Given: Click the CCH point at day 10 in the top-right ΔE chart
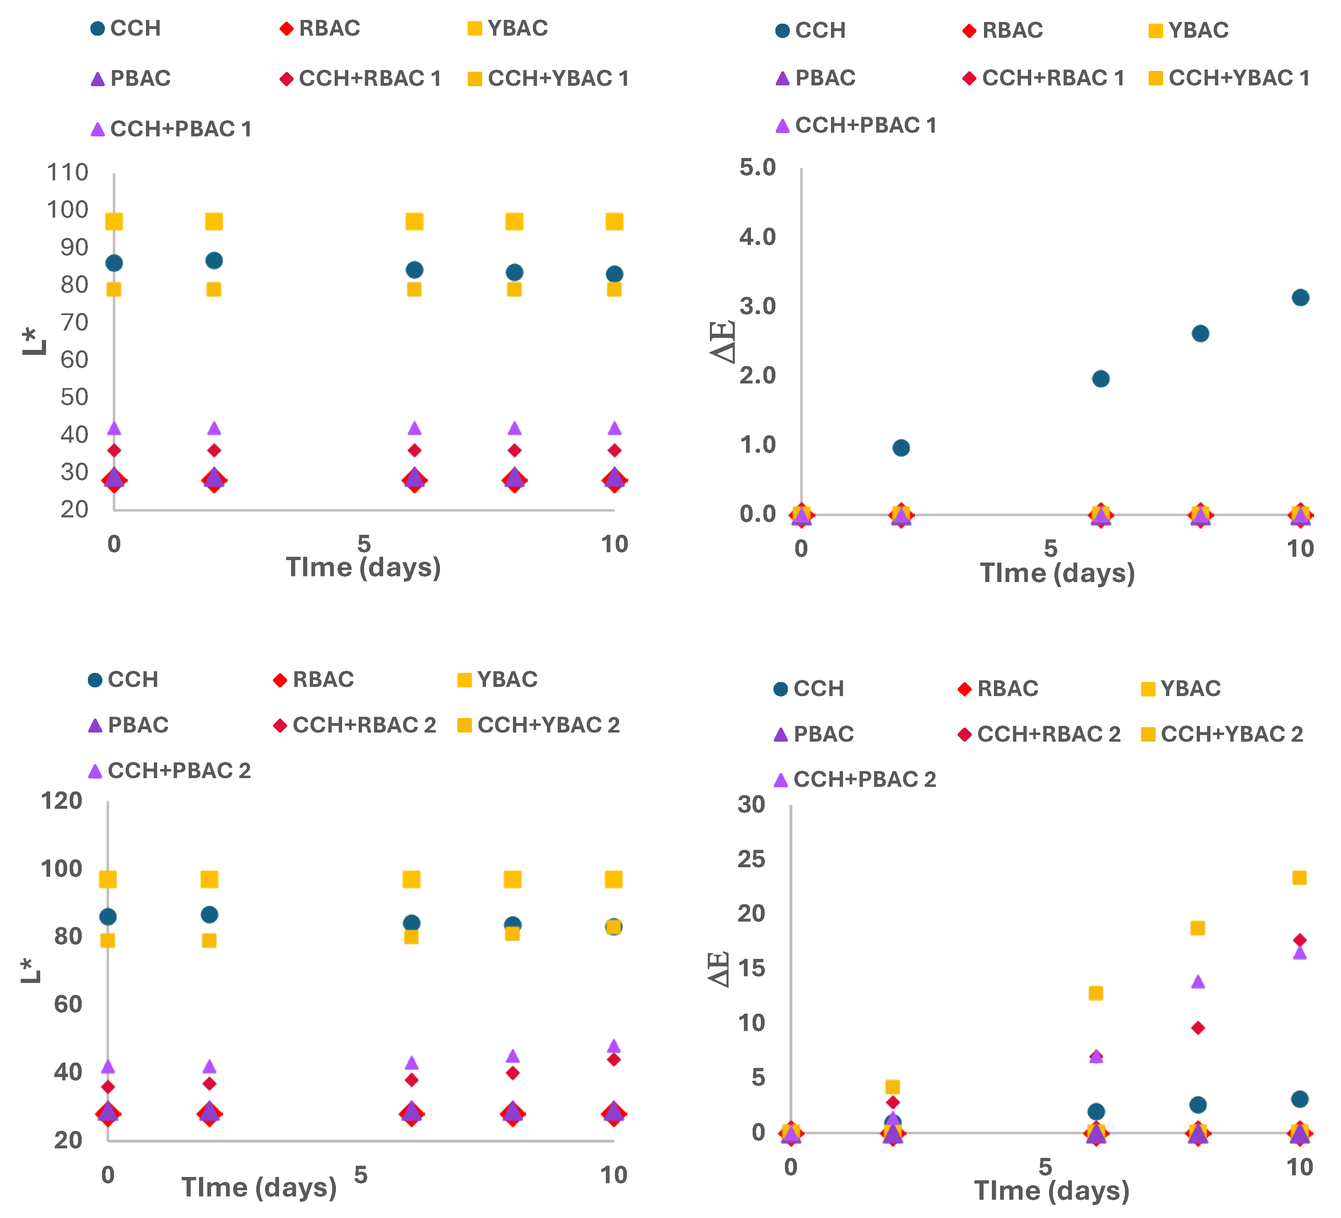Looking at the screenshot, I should tap(1300, 297).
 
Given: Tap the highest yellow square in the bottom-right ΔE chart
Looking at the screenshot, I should tap(1299, 877).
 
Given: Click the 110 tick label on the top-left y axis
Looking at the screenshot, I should tap(67, 172).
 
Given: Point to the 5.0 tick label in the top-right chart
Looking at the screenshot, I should tap(758, 167).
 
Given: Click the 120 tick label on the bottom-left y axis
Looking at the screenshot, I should tap(61, 800).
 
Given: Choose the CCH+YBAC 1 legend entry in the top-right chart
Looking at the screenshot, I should tap(1229, 78).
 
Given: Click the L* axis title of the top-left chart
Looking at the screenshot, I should tap(34, 341).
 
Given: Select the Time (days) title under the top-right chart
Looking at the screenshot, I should tap(1057, 573).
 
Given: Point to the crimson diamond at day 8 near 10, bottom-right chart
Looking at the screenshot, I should tap(1198, 1028).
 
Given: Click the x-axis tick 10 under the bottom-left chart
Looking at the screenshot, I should tap(613, 1175).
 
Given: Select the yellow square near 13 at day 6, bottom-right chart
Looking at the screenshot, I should tap(1096, 993).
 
